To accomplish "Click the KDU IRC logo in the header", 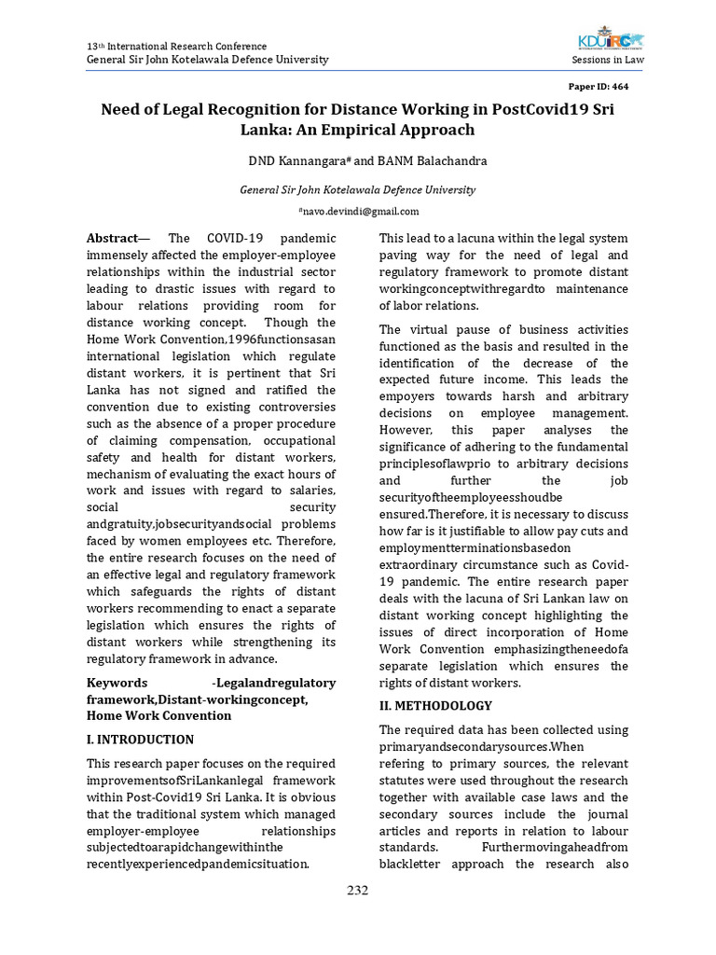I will point(610,41).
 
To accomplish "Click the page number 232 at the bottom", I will point(358,890).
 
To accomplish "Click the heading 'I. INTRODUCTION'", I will point(140,740).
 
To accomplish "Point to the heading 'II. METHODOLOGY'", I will point(435,706).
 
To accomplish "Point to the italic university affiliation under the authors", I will point(358,189).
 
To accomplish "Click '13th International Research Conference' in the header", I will point(176,46).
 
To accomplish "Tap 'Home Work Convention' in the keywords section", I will point(158,715).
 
